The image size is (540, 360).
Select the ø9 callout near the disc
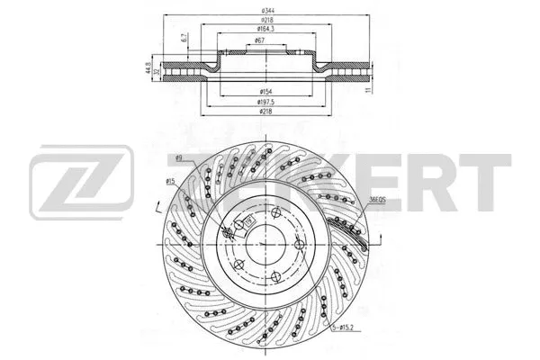click(x=181, y=159)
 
